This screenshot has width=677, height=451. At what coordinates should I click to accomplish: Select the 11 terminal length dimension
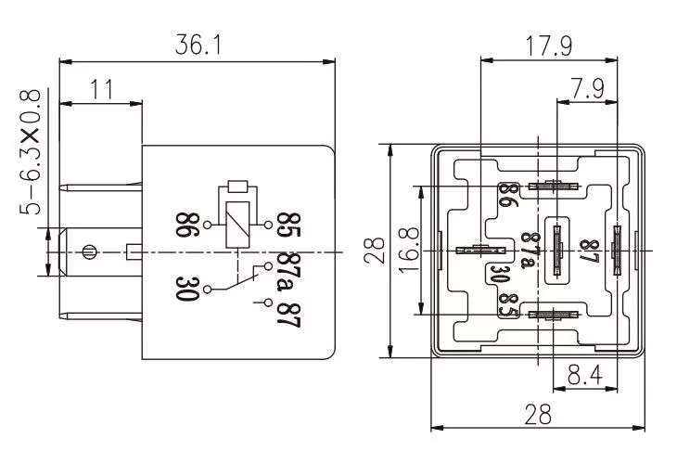(101, 90)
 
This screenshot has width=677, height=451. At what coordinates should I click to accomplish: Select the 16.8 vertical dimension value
(409, 251)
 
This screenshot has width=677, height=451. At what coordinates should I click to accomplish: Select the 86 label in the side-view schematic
(185, 225)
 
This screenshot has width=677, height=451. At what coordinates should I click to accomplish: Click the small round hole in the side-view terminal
(89, 251)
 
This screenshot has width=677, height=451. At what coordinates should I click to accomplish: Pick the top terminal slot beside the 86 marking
(554, 186)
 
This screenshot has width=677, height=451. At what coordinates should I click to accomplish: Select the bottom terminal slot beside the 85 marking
(554, 316)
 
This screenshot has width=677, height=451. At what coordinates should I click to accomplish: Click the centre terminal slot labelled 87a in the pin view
(556, 249)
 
